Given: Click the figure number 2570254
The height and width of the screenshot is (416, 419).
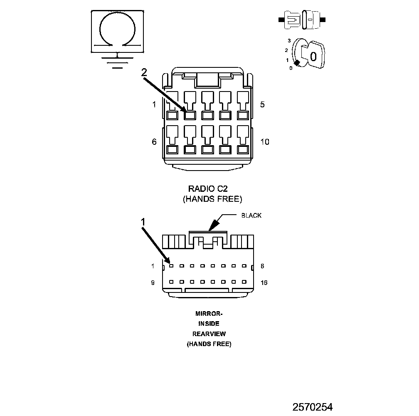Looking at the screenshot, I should [x=312, y=406].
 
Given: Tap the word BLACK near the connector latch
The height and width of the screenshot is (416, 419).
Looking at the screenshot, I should [x=251, y=215].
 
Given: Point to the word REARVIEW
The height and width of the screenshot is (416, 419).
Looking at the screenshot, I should [x=209, y=334].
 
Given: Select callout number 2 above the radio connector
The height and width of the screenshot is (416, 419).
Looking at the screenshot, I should [x=144, y=72].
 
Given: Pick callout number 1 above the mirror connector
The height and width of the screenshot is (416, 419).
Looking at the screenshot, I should [x=143, y=222].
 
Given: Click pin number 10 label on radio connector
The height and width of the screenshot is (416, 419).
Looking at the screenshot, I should [x=265, y=142].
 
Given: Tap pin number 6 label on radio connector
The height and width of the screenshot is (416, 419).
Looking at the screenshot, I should [x=154, y=142].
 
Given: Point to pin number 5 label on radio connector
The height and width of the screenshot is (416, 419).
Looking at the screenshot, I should [x=262, y=104].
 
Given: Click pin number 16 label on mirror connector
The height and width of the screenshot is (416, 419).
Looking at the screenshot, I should [x=264, y=282].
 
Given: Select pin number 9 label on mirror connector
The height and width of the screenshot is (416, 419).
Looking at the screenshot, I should [x=153, y=282].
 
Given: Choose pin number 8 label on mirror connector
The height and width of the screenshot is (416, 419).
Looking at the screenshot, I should [x=262, y=266].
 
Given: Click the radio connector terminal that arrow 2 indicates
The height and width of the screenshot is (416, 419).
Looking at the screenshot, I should [x=190, y=115].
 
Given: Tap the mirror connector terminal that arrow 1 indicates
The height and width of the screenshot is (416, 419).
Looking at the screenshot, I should [x=171, y=265].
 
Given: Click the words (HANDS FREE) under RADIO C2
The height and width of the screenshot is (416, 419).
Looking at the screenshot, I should [x=212, y=199].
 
